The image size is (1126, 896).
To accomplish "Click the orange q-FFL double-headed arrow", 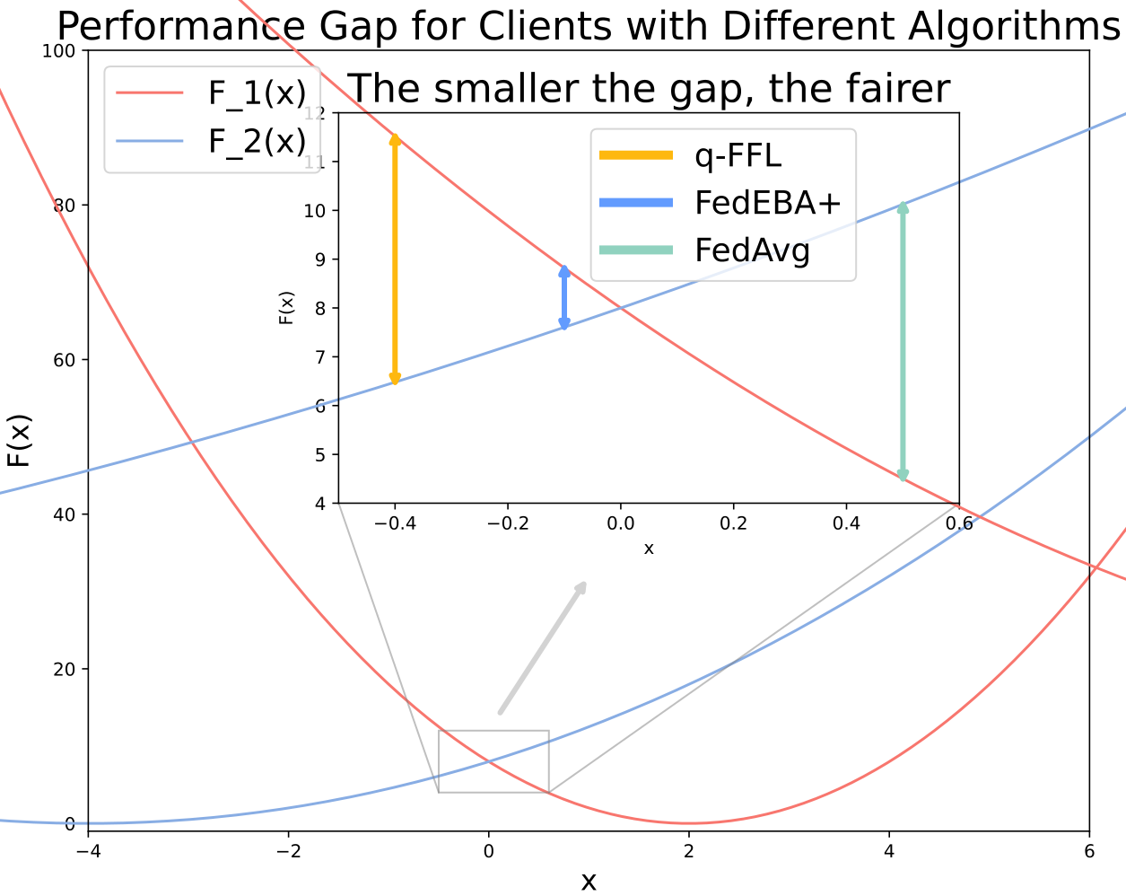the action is coord(395,259).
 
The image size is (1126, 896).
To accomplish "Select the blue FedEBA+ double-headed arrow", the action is coord(564,297).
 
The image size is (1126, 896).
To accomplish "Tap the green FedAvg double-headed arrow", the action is coord(903,341).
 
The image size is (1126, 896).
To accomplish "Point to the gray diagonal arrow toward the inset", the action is coord(543,647).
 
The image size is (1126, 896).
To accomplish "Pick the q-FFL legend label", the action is coord(738,155).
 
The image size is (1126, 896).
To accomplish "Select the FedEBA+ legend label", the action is coord(768,203).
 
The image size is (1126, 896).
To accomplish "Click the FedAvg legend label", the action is coord(753,250).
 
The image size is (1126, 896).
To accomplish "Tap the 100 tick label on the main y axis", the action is coord(58,51).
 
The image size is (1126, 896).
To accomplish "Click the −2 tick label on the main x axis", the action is coord(288,851).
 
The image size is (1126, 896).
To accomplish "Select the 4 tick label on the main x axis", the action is coord(889,851).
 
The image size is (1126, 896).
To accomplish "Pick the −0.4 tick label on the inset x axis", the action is coord(395,523).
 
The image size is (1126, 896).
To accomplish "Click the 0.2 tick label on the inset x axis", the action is coord(733,523).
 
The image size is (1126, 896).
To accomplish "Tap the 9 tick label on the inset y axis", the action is coord(319,259).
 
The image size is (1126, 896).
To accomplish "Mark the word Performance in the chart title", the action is coord(181,26).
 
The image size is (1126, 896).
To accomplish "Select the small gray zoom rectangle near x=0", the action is coord(493,731).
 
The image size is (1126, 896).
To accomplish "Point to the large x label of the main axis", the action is coord(589,882).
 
